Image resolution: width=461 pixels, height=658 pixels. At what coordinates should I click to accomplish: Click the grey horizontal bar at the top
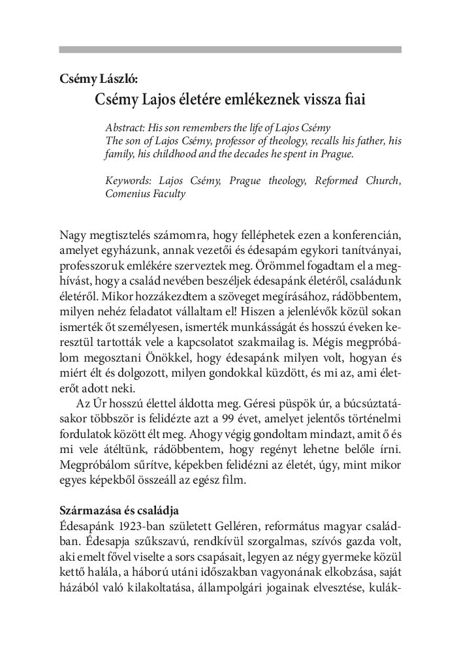pos(230,49)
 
